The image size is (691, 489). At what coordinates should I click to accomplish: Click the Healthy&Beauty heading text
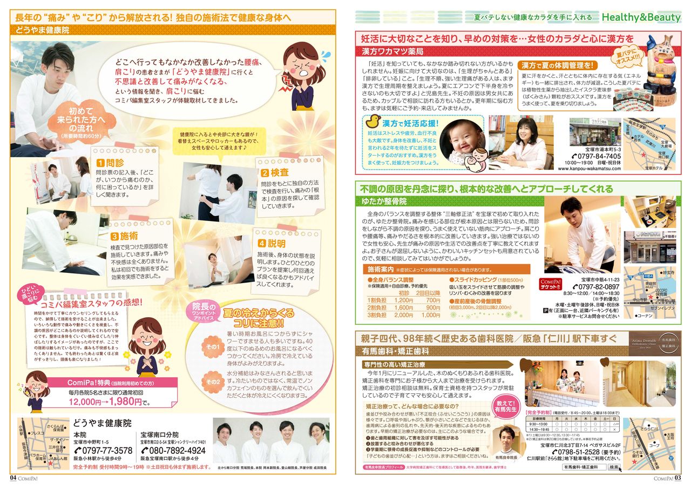pos(641,18)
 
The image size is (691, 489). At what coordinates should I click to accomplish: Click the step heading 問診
pos(111,163)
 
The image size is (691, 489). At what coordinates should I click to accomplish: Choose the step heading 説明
pos(273,244)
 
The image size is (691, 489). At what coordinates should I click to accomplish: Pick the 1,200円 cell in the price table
pos(403,300)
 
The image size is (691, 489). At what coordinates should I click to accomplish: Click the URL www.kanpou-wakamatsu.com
pos(589,168)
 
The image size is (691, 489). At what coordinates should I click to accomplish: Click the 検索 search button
pos(614,467)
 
